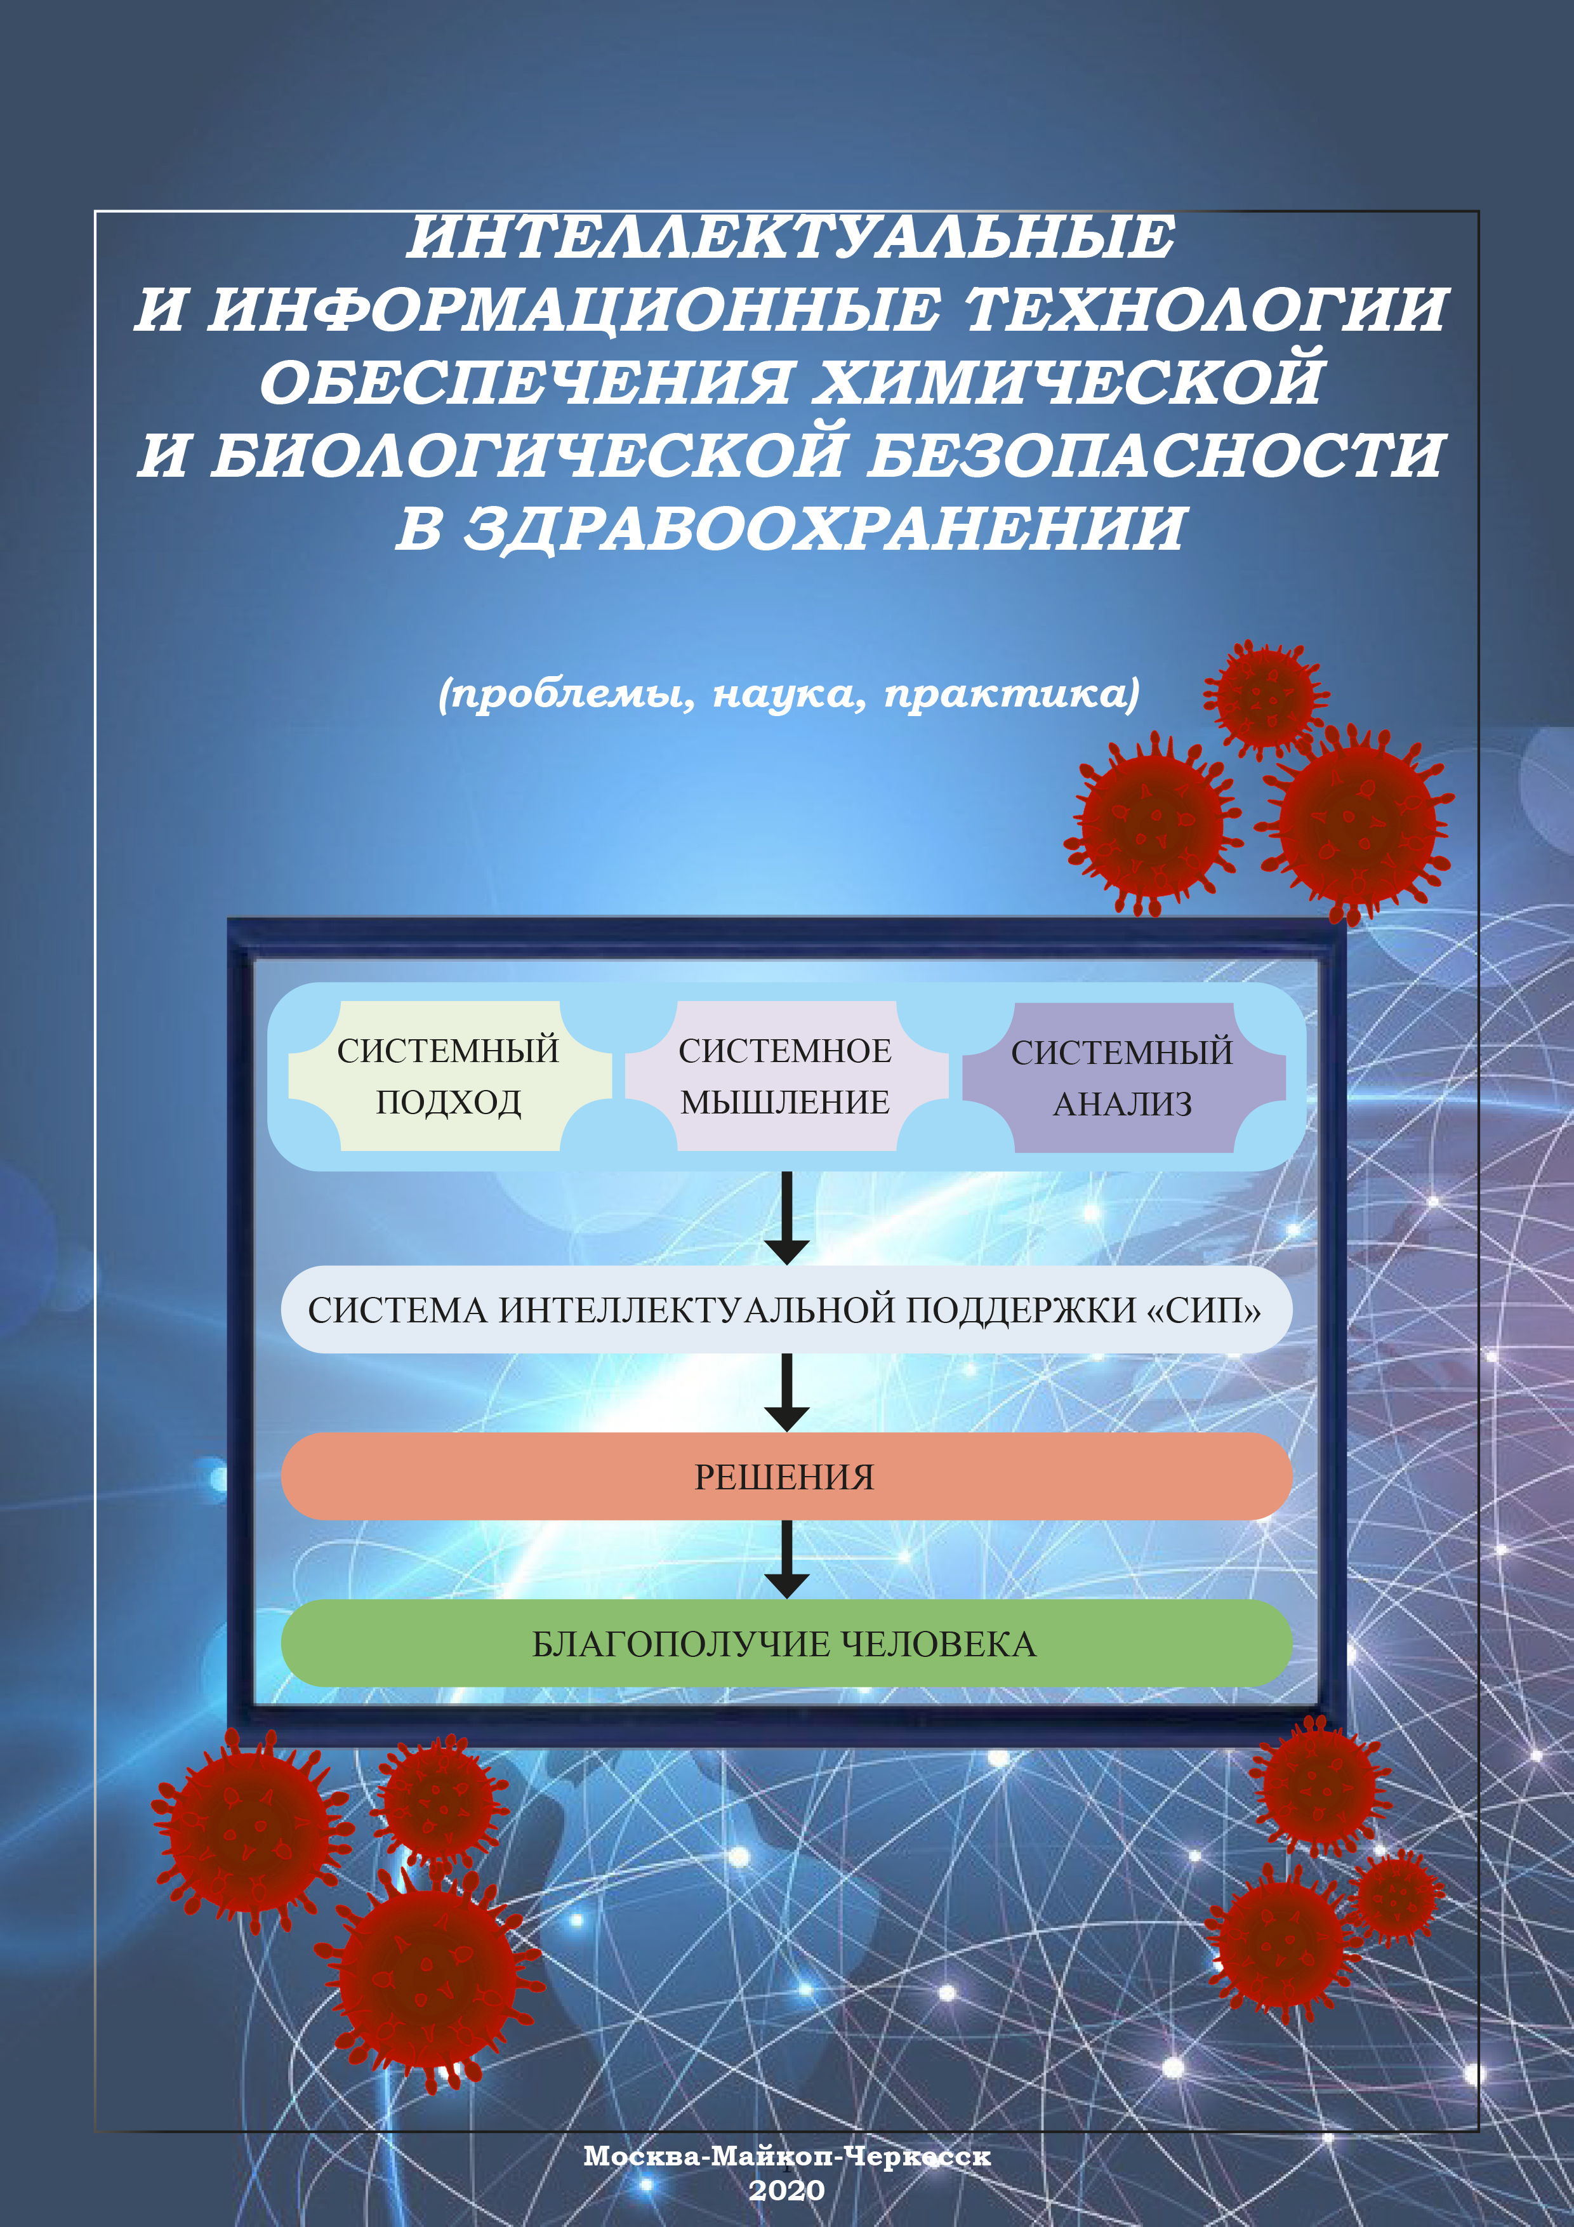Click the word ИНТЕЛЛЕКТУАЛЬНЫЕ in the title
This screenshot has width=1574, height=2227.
click(790, 237)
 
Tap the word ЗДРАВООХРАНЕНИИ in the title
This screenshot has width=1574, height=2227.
click(824, 529)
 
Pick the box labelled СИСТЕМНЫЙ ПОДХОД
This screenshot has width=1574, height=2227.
click(449, 1077)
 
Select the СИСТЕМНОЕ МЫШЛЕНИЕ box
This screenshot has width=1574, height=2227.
click(786, 1077)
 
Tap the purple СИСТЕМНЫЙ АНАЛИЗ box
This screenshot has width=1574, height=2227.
click(1123, 1077)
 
